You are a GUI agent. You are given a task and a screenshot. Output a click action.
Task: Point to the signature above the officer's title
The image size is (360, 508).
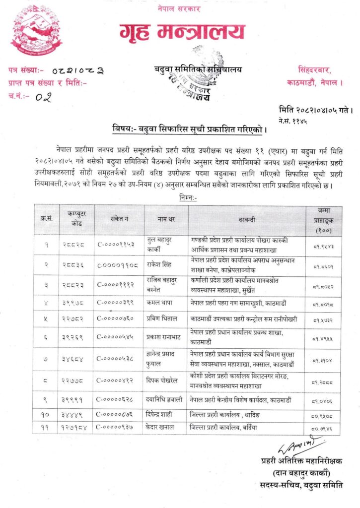pyautogui.click(x=299, y=445)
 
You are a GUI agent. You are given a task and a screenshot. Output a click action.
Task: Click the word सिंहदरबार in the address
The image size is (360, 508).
pyautogui.click(x=318, y=69)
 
